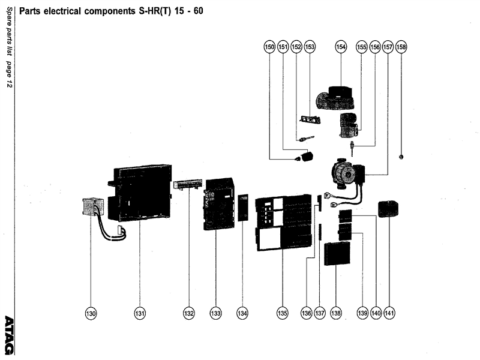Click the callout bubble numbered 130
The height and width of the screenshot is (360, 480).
(91, 313)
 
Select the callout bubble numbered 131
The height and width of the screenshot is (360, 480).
(140, 313)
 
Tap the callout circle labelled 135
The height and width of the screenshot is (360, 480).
(283, 313)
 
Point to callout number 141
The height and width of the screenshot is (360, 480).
(389, 313)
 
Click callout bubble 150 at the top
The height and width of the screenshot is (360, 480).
(270, 46)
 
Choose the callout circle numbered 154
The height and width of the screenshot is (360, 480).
(341, 46)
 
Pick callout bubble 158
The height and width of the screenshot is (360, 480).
(401, 46)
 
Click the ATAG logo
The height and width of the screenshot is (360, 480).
(9, 334)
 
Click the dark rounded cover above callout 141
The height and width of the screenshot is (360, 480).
(389, 209)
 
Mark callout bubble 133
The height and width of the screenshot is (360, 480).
(215, 313)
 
